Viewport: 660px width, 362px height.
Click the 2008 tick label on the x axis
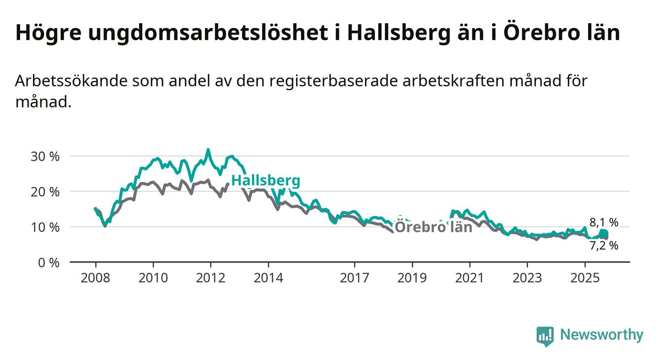(95, 278)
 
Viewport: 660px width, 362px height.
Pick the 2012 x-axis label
(210, 278)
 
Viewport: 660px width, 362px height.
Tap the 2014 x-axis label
(268, 278)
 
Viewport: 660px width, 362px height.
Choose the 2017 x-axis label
(354, 278)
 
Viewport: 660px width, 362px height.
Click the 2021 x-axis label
(469, 278)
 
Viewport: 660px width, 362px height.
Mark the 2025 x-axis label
(585, 278)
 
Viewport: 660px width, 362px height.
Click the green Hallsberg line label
(265, 181)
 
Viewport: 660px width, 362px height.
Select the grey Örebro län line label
(433, 227)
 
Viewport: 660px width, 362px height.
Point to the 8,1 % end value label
(603, 222)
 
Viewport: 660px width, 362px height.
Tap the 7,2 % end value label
(603, 245)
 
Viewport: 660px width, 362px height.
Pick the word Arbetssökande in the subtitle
(71, 81)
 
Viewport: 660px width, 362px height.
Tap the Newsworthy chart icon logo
(545, 336)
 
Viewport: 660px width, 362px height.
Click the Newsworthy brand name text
(601, 335)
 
